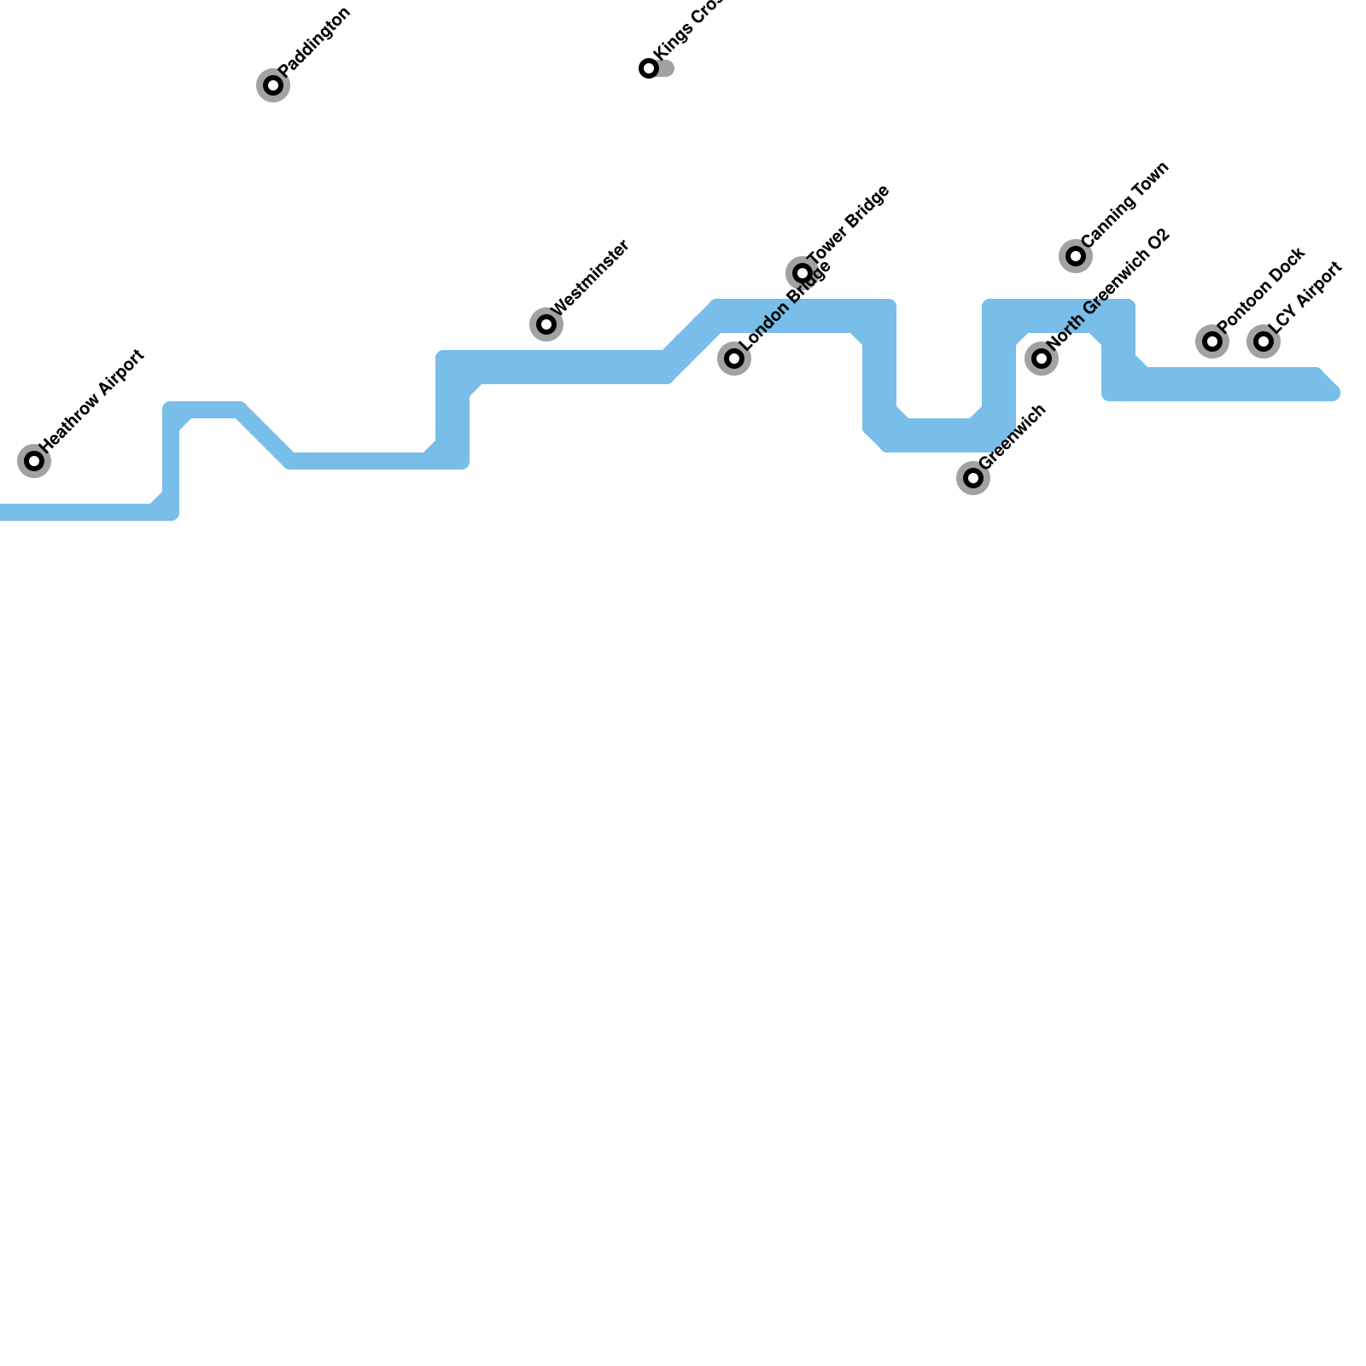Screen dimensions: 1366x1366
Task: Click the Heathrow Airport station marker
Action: point(34,461)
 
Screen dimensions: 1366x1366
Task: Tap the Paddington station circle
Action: point(273,85)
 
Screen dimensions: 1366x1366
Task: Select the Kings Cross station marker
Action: point(649,68)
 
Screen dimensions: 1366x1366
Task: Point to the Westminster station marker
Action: point(546,324)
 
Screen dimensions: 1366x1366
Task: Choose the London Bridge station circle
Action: point(734,359)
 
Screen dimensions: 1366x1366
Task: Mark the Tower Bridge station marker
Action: point(803,273)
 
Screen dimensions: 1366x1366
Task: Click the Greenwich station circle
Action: point(973,478)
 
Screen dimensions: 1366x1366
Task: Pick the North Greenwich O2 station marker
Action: point(1042,359)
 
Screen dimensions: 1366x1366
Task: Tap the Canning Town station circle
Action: point(1076,256)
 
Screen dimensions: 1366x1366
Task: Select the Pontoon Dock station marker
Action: point(1212,341)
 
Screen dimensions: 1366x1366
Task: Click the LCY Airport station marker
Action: point(1264,341)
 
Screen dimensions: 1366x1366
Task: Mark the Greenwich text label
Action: point(1013,436)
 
